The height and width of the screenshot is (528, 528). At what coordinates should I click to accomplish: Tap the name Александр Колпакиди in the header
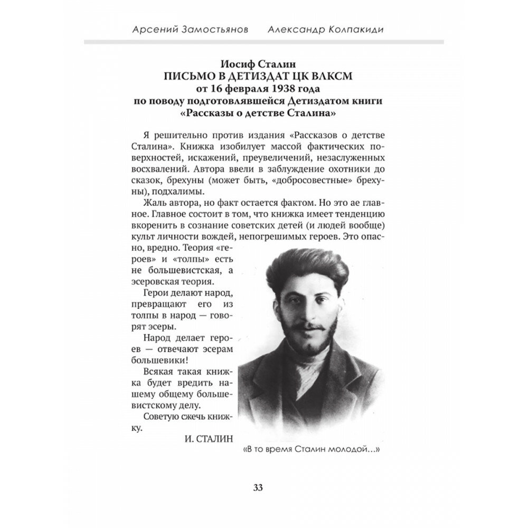point(333,30)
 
